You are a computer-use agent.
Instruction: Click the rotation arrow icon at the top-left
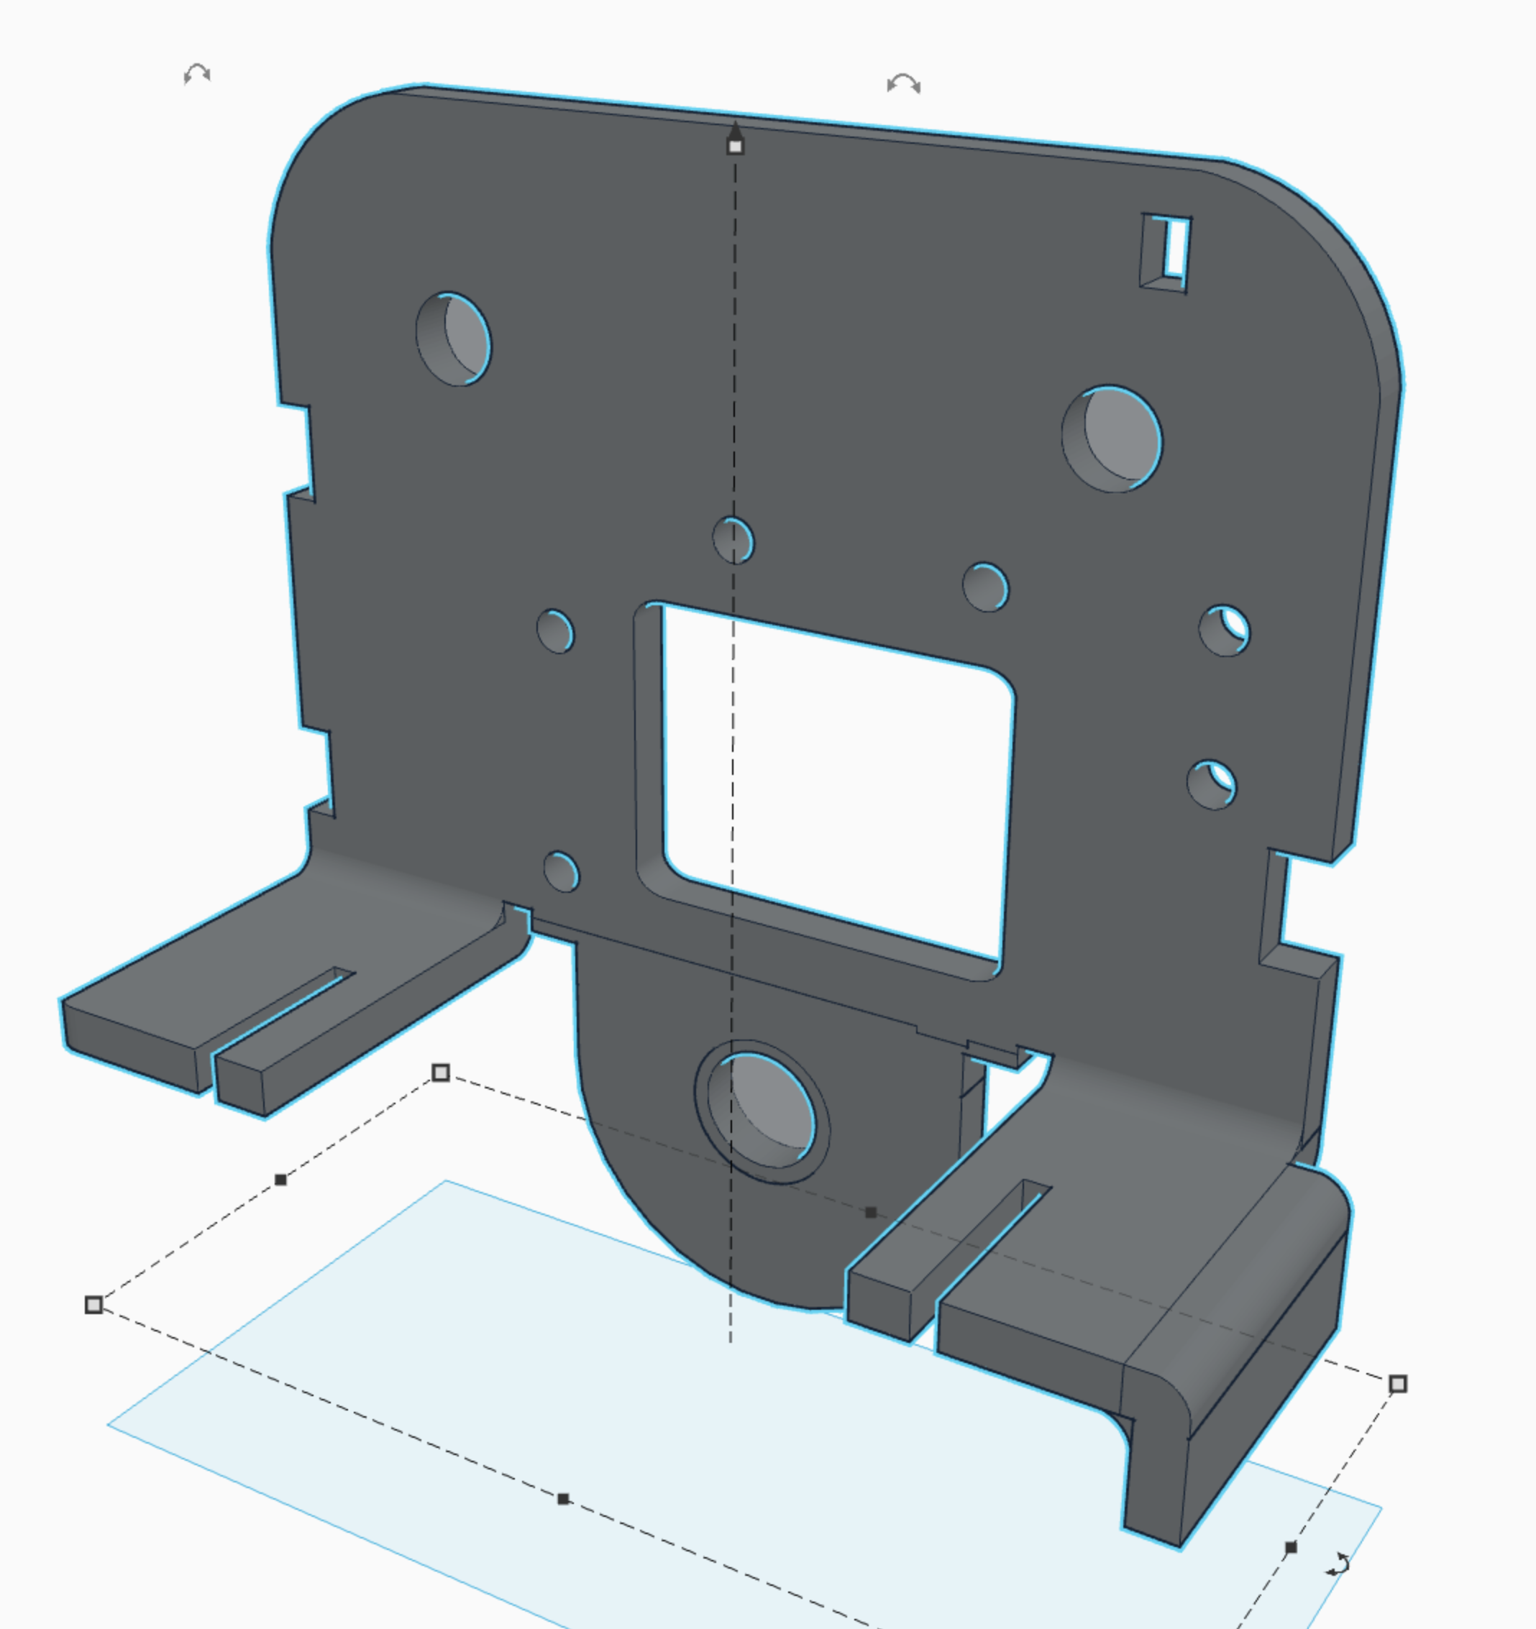click(197, 75)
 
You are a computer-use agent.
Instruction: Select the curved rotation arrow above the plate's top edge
click(903, 84)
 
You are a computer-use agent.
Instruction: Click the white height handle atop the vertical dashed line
click(735, 147)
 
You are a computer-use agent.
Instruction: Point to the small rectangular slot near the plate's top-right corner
click(1166, 251)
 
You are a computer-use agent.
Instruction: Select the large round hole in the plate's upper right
click(1112, 439)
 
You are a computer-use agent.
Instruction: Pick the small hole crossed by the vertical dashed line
click(733, 541)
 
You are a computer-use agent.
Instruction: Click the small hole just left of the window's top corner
click(556, 631)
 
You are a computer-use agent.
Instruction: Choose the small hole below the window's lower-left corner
click(561, 871)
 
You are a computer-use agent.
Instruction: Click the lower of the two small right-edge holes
click(1212, 785)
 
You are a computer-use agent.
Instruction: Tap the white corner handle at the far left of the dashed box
click(94, 1305)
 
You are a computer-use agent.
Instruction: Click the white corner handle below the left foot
click(441, 1073)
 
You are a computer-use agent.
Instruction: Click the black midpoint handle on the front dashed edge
click(563, 1499)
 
